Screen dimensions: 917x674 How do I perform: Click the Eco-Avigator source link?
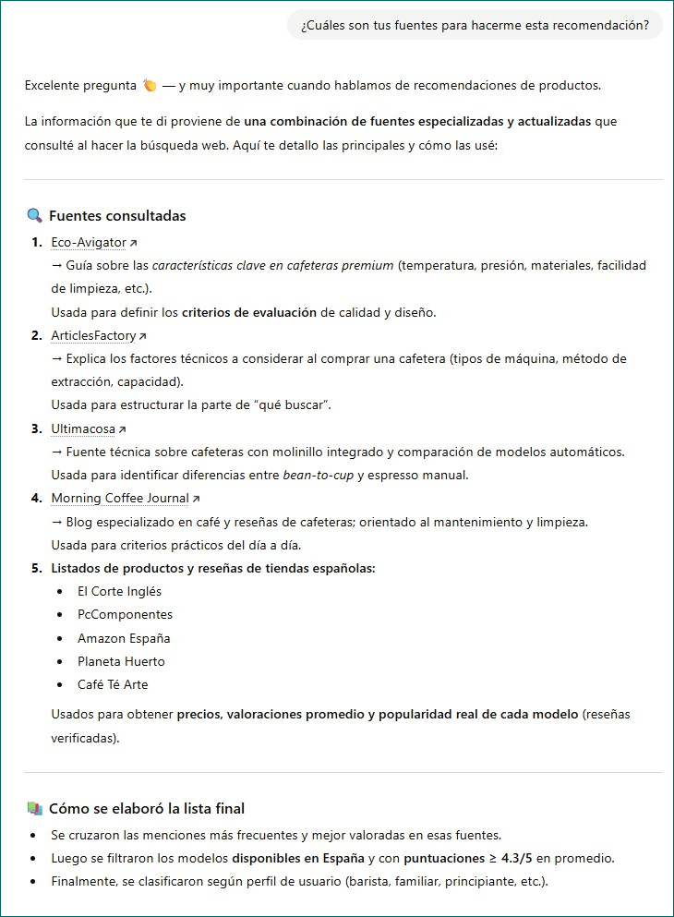coord(89,242)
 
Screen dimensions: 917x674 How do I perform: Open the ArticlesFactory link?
coord(93,335)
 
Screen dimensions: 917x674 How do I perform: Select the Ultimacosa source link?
coord(84,428)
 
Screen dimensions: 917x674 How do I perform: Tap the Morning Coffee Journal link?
coord(120,499)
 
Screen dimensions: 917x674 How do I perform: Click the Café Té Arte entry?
coord(113,684)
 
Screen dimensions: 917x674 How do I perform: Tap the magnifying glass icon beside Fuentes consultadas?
coord(35,216)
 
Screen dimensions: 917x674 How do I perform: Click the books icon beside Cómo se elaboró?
coord(35,809)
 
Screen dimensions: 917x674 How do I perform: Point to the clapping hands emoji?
coord(150,86)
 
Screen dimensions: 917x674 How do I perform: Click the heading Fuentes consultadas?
coord(117,216)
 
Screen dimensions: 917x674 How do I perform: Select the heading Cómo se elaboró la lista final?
coord(147,809)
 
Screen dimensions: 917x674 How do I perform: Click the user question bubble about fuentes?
coord(475,25)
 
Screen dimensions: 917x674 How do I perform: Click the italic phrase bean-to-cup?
coord(318,476)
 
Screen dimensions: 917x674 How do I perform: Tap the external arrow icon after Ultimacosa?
coord(123,429)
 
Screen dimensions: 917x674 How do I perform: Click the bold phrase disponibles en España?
coord(297,858)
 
